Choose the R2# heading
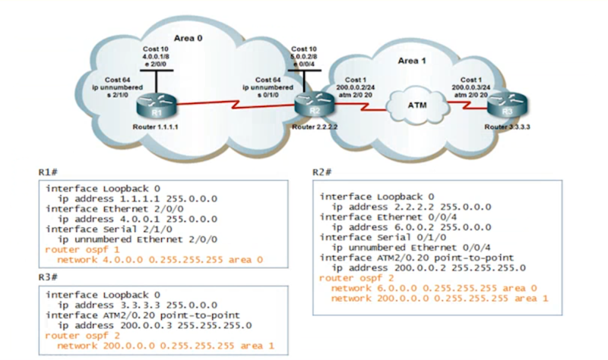(323, 172)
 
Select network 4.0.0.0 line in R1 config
(148, 258)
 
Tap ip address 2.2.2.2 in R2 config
(411, 206)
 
